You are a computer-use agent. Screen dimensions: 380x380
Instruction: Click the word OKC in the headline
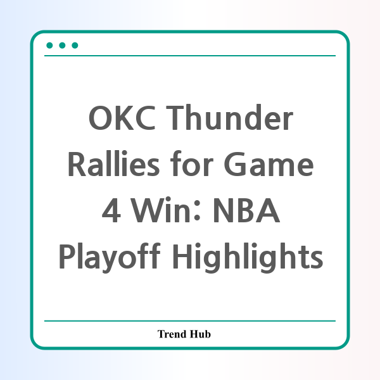122,118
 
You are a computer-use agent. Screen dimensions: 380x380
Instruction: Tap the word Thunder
229,117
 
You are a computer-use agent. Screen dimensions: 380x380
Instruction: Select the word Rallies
113,163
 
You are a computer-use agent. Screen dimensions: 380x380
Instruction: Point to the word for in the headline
191,163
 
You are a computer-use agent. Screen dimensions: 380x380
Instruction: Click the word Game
269,164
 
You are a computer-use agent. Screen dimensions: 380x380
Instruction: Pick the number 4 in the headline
111,210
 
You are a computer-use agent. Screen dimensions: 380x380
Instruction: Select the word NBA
246,210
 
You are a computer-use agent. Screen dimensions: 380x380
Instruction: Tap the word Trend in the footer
172,334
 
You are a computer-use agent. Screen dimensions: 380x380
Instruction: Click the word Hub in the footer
200,334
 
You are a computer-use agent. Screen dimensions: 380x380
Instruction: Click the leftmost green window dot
49,46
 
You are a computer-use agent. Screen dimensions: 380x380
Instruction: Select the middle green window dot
62,46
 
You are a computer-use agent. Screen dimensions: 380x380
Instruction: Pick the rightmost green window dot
75,46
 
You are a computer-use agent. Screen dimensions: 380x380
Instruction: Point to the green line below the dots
190,56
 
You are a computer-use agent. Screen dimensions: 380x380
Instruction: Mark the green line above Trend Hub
190,321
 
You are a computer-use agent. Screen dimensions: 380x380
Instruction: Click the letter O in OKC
99,118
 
